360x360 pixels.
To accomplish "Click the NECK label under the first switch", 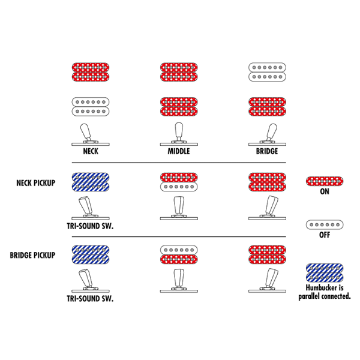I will [90, 151].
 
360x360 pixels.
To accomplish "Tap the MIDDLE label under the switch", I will [179, 151].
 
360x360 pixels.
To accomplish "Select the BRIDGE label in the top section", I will [267, 151].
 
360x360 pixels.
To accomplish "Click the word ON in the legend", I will [324, 192].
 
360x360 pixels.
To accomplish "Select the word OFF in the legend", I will [324, 235].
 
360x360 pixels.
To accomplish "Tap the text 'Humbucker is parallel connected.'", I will [324, 292].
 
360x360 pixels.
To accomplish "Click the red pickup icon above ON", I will [324, 181].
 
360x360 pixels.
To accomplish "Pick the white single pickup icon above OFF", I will [324, 224].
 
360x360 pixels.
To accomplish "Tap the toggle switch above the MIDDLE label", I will [179, 135].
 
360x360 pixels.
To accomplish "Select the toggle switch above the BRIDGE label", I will [267, 135].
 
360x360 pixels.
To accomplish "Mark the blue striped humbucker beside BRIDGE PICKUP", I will [90, 254].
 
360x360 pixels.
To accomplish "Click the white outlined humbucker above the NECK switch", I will [90, 106].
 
